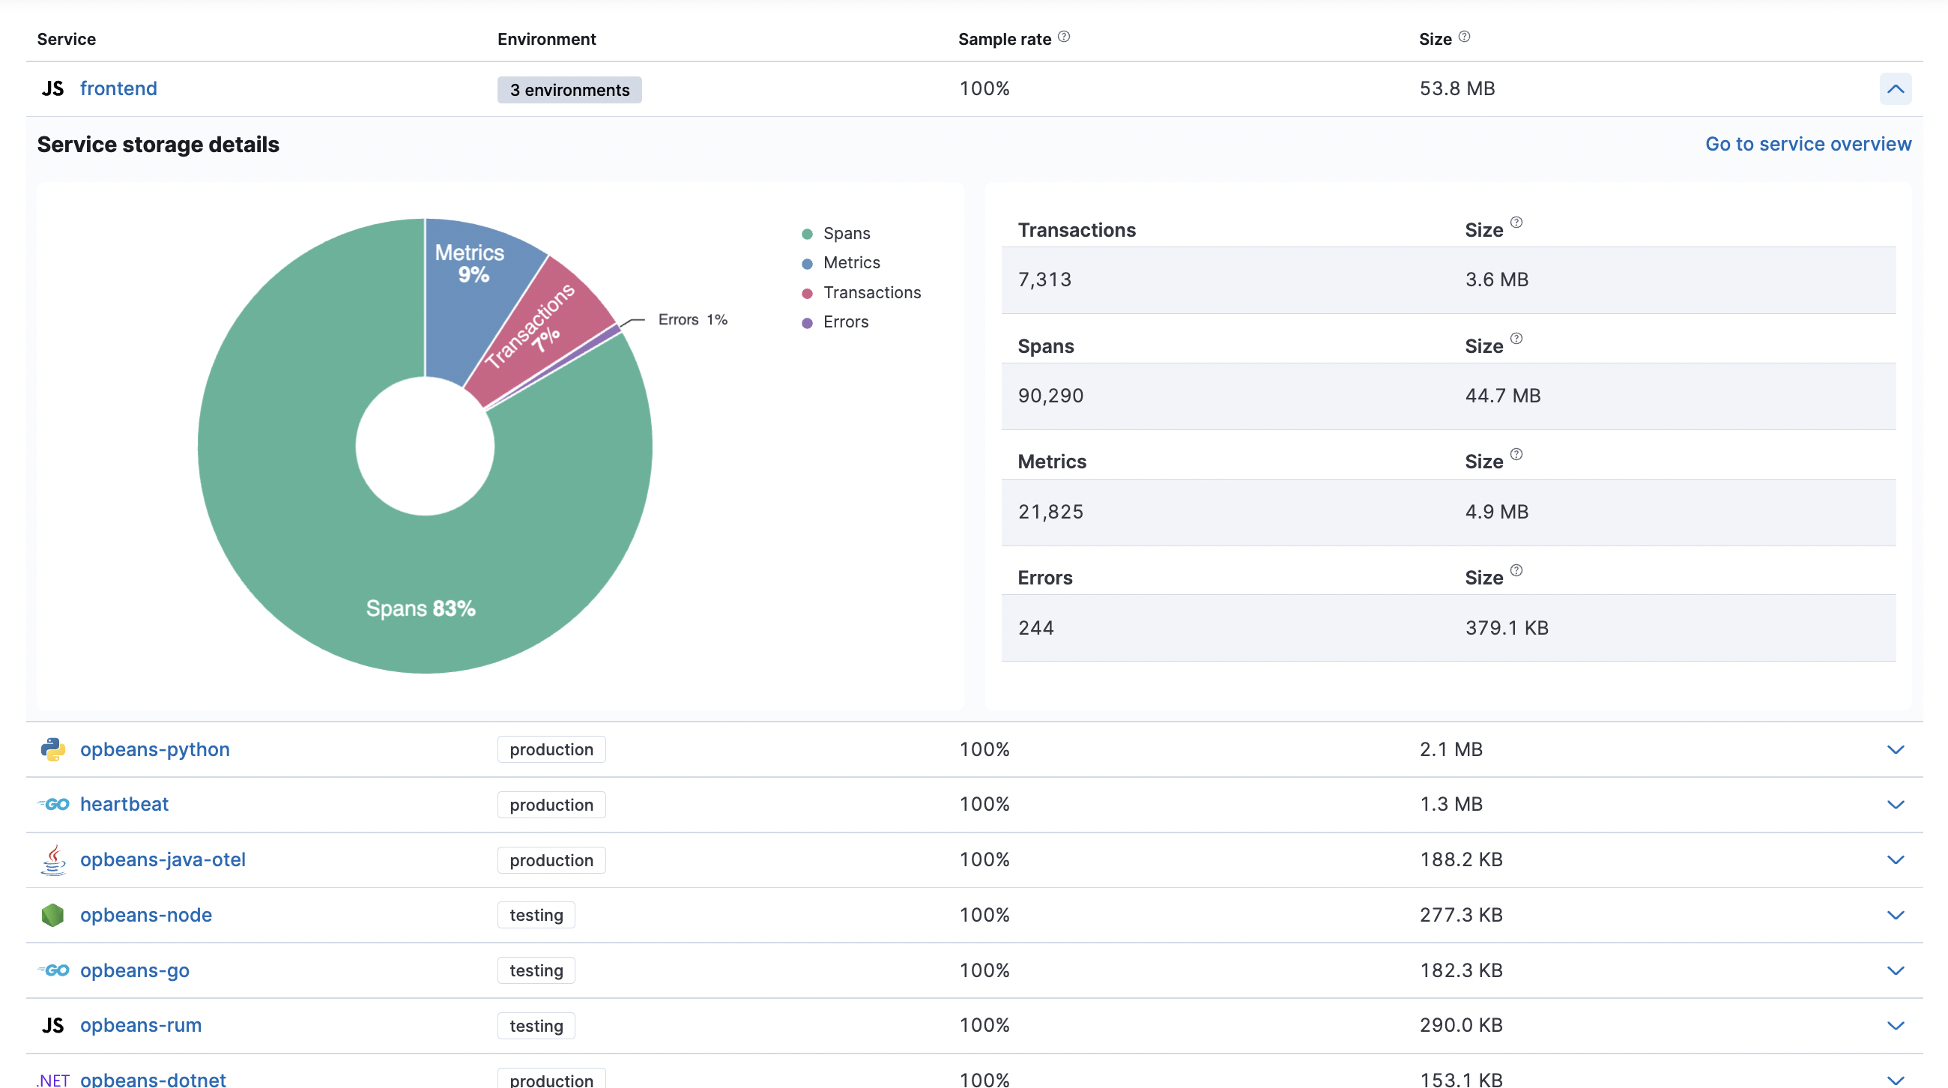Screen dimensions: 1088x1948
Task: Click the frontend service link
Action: click(118, 88)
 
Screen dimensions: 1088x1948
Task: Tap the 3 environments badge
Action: click(569, 90)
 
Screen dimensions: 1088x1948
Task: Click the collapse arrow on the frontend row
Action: click(1894, 88)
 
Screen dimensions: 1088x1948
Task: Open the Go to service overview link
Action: click(1807, 144)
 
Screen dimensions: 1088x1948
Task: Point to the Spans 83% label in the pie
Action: click(420, 608)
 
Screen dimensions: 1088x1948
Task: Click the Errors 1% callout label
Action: click(692, 320)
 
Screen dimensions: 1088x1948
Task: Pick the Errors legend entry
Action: click(844, 322)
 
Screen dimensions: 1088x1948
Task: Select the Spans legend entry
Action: click(845, 234)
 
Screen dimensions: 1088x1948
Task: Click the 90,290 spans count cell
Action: click(1050, 396)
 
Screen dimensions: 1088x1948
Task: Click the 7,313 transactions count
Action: click(1044, 279)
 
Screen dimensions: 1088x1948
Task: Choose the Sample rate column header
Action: click(1004, 39)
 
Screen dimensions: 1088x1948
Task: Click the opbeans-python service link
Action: click(154, 749)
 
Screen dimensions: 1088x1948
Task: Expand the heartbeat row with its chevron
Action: click(1894, 805)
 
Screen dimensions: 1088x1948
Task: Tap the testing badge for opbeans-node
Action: click(536, 915)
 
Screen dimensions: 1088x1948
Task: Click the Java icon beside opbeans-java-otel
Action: click(53, 859)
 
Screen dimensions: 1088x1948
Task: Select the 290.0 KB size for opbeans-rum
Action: click(1460, 1025)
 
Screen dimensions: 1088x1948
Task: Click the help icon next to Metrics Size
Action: click(1516, 454)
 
